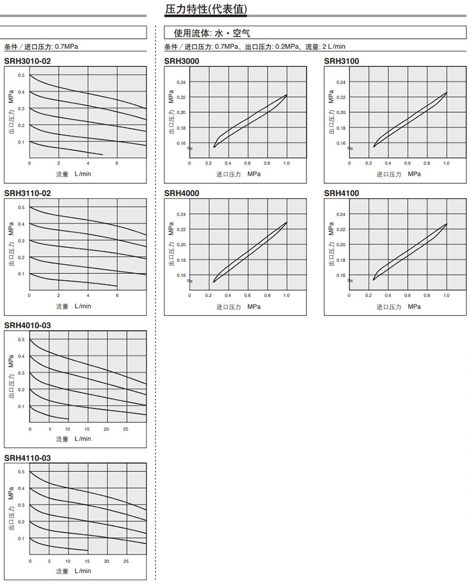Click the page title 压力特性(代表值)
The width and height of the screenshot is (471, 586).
(x=206, y=10)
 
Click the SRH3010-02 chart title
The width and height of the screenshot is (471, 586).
(x=27, y=61)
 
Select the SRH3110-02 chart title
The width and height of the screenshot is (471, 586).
(x=27, y=193)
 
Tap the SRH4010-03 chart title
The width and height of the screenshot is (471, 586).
(x=27, y=326)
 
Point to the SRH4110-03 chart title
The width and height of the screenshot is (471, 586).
(x=27, y=458)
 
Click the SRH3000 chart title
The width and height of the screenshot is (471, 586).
(x=182, y=61)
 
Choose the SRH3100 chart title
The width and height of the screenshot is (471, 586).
(x=342, y=61)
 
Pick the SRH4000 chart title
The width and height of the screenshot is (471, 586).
(x=182, y=193)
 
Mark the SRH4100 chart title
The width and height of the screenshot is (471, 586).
(x=342, y=193)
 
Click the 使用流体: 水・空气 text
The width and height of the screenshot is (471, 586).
(x=212, y=33)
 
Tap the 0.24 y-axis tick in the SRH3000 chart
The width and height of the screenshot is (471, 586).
(x=181, y=82)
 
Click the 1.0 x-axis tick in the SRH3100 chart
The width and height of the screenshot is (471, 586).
(x=446, y=163)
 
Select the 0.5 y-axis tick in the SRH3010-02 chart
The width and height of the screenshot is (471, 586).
(x=21, y=75)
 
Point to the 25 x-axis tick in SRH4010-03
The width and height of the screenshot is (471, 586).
(x=126, y=429)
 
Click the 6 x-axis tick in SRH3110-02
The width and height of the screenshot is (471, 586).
(x=117, y=295)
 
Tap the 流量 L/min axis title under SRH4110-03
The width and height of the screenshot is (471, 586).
(x=73, y=571)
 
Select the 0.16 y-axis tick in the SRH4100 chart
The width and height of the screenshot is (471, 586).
(x=341, y=275)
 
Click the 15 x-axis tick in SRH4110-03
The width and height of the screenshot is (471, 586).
(x=88, y=562)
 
